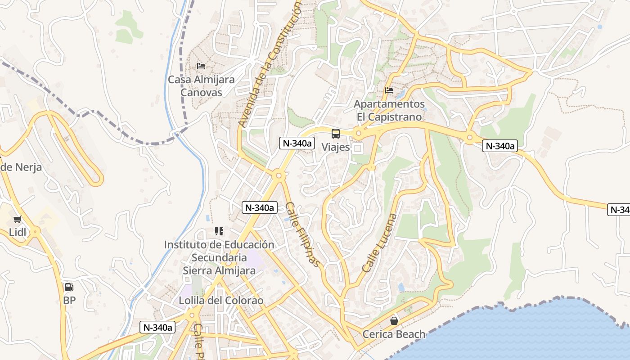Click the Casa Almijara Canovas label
point(201,86)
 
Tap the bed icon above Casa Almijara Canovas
point(201,66)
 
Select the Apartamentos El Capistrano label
point(389,110)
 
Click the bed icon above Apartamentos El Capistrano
point(389,90)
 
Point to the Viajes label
point(336,147)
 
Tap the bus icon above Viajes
point(336,133)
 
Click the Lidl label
point(18,233)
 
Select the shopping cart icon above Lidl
point(18,220)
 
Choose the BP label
point(69,300)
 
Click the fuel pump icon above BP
point(69,287)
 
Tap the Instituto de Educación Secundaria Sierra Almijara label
point(219,257)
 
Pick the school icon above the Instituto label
point(219,231)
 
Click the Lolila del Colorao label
point(221,301)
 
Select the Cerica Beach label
point(394,334)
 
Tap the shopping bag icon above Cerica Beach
point(394,321)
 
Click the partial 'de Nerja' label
point(21,167)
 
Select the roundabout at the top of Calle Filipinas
point(279,175)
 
